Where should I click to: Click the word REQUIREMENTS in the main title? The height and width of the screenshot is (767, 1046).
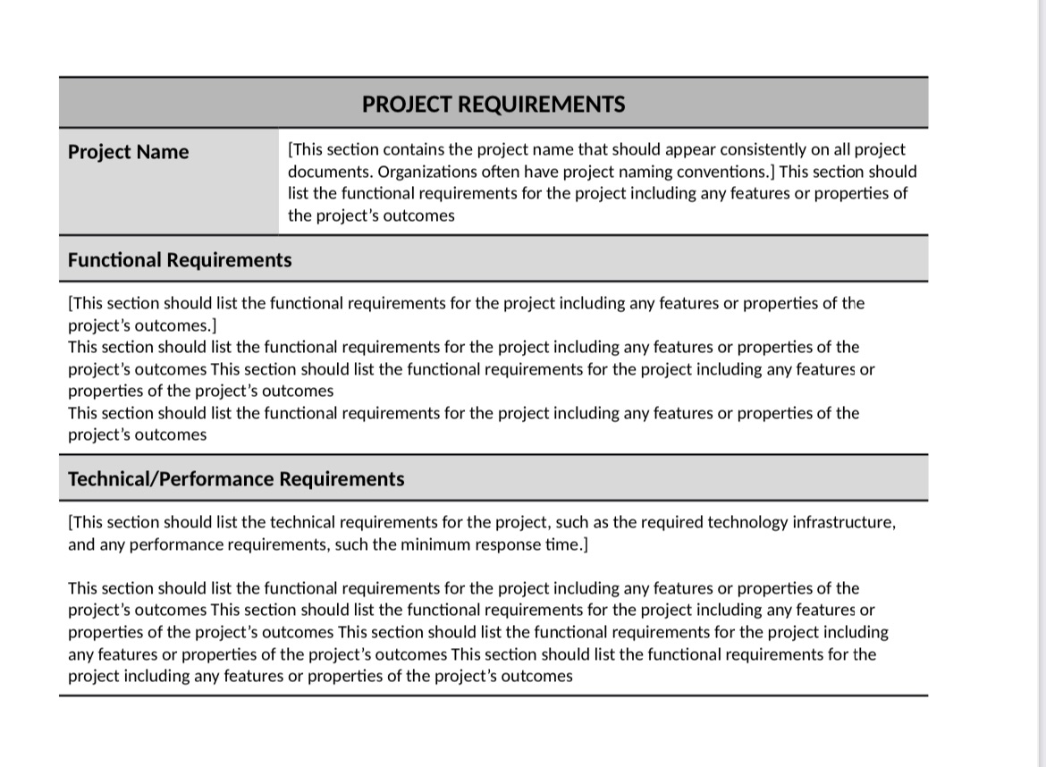pos(541,105)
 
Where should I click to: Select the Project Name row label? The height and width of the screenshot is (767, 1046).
pos(128,152)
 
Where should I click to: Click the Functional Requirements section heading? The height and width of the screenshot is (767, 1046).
pos(180,260)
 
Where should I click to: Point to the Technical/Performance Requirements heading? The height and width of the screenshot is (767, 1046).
pos(236,479)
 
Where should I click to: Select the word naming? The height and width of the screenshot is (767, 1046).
pos(636,172)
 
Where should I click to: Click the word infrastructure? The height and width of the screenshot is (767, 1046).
pos(843,522)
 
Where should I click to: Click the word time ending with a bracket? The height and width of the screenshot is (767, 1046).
pos(567,544)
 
